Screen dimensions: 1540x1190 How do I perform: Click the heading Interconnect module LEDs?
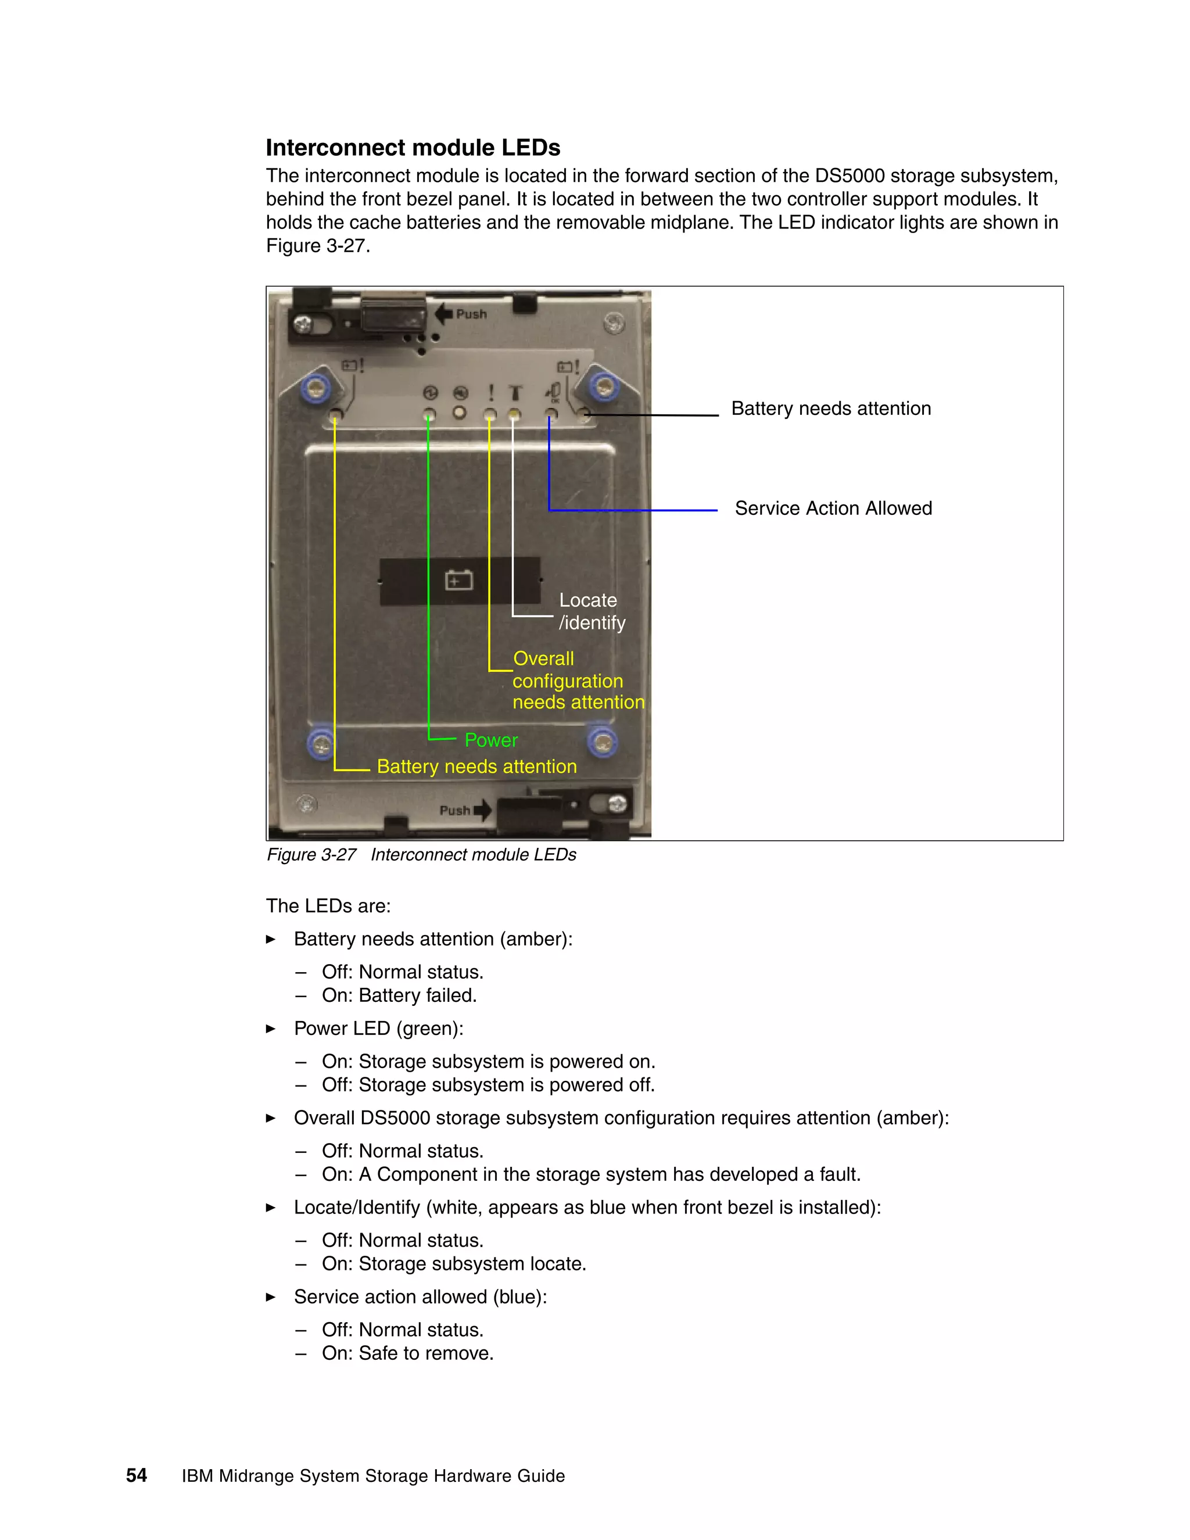(x=413, y=148)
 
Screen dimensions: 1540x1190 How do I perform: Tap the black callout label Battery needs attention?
(x=830, y=409)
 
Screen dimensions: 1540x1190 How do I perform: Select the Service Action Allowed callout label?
(x=833, y=508)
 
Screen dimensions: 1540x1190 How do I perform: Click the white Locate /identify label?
(x=592, y=611)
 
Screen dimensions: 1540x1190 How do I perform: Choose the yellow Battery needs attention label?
(x=476, y=767)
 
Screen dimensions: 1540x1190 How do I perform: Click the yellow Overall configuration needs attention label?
(x=578, y=681)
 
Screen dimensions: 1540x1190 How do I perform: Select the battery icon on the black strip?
(x=459, y=581)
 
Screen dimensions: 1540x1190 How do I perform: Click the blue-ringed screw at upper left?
(x=316, y=387)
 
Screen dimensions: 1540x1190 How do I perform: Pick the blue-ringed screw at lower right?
(x=602, y=742)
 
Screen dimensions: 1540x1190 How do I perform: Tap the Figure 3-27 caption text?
(x=421, y=855)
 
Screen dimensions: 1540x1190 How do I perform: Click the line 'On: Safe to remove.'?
(x=407, y=1353)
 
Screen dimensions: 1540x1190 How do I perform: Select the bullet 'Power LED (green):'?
(x=379, y=1028)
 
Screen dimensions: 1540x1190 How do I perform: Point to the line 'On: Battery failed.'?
(x=399, y=995)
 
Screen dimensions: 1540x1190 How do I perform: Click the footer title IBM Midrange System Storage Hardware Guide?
(x=373, y=1476)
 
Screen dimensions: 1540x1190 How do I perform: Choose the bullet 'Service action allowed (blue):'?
(x=420, y=1297)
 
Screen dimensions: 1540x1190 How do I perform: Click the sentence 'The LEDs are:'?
(x=328, y=906)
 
